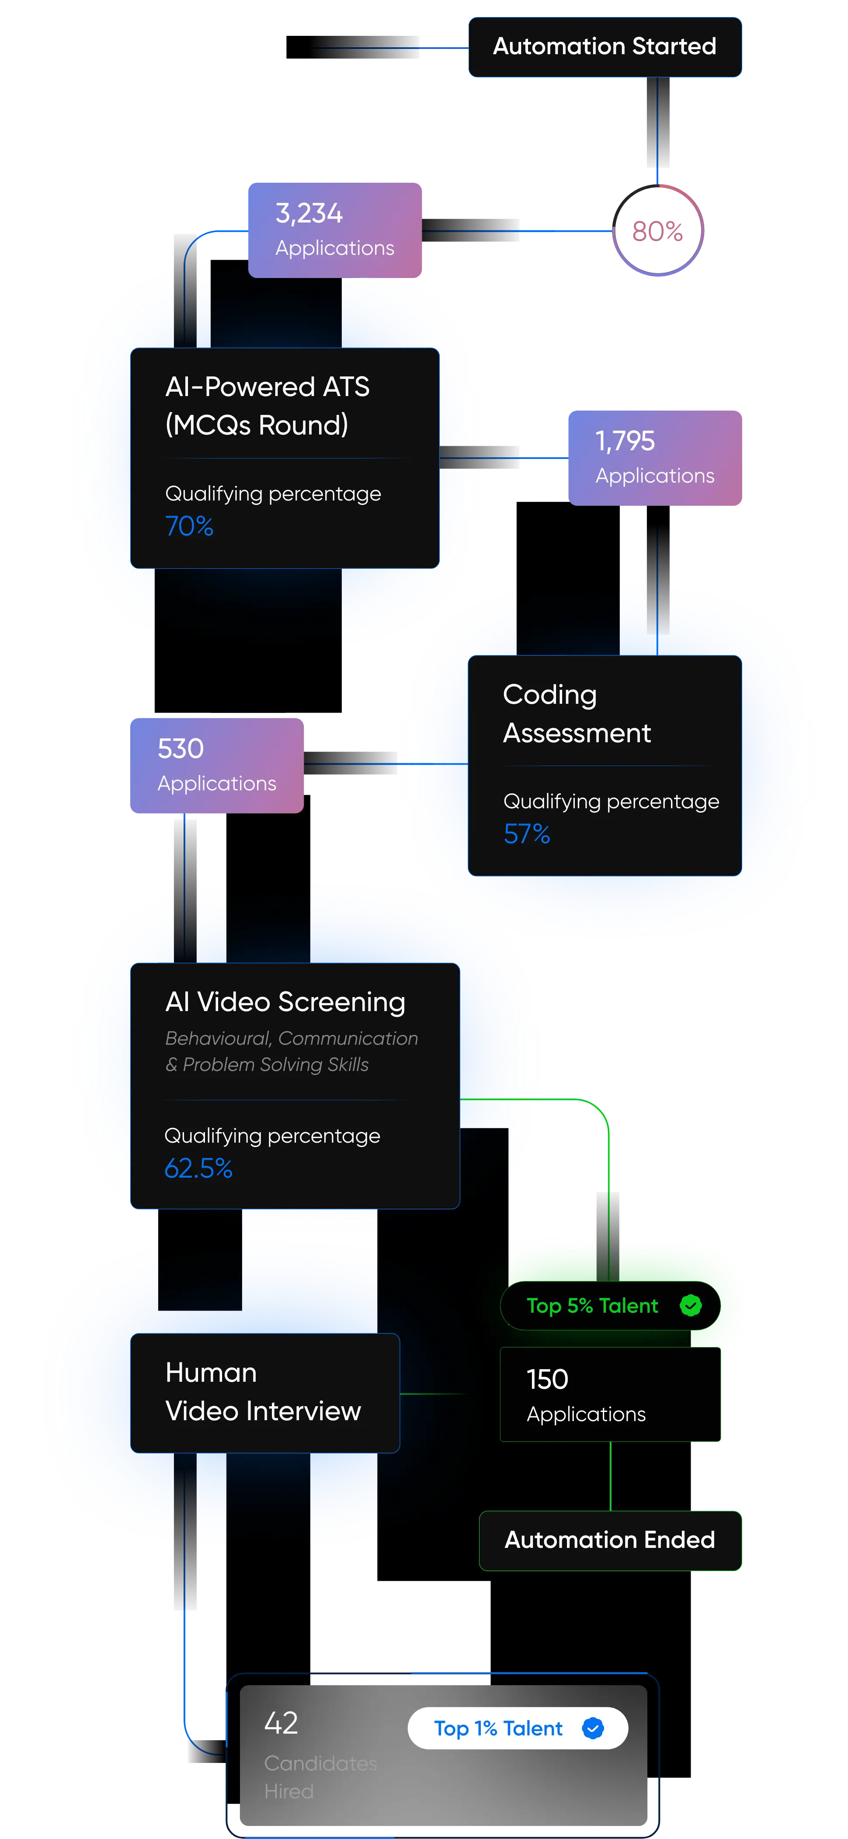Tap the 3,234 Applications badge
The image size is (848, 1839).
coord(335,230)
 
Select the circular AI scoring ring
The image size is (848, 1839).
coord(658,231)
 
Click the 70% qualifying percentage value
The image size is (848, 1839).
coord(189,526)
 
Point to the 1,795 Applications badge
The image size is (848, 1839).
coord(654,458)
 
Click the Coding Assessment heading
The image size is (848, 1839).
coord(576,713)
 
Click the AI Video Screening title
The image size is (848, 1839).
coord(285,1001)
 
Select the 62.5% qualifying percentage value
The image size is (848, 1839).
coord(198,1168)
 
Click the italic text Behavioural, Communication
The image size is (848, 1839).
coord(291,1039)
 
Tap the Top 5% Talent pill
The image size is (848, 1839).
coord(592,1306)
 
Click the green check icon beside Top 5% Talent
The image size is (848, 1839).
coord(690,1306)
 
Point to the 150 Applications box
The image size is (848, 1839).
coord(610,1395)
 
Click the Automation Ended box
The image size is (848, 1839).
coord(610,1540)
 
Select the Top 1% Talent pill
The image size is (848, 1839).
coord(498,1728)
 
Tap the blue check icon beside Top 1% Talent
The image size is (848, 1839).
coord(592,1728)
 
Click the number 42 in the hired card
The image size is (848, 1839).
coord(281,1723)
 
